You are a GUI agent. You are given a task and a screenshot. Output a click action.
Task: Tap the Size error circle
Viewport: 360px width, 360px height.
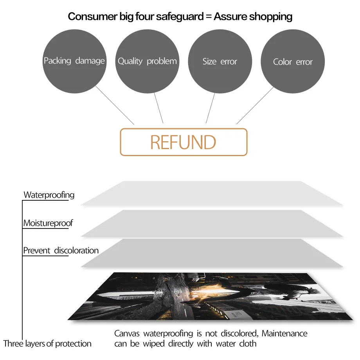click(220, 61)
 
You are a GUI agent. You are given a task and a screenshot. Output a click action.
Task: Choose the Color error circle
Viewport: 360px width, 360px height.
click(293, 62)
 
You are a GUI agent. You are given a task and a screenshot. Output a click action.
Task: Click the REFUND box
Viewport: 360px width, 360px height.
click(184, 142)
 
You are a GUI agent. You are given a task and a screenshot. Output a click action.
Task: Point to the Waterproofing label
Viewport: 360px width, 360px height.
click(49, 195)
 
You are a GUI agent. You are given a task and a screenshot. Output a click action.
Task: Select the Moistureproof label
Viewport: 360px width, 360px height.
click(48, 223)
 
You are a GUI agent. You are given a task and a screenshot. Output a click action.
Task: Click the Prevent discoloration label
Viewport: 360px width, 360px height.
click(61, 250)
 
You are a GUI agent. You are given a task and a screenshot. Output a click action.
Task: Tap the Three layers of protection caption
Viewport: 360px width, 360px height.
click(47, 344)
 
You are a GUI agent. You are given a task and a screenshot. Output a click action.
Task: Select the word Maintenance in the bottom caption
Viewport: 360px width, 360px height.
click(284, 334)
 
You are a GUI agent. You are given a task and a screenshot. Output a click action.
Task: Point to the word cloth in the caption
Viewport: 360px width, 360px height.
click(248, 344)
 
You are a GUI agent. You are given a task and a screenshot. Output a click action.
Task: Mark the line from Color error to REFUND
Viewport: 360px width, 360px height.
click(254, 106)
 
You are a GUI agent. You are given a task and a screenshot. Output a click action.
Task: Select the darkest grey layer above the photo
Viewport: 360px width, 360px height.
click(211, 253)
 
